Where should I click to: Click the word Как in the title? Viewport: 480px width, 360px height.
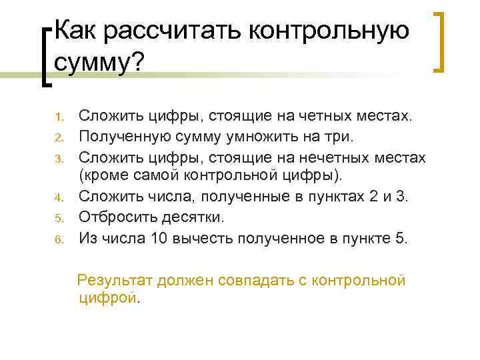coord(75,30)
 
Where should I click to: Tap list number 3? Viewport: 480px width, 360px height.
coord(58,159)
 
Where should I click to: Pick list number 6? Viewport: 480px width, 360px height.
coord(58,237)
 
